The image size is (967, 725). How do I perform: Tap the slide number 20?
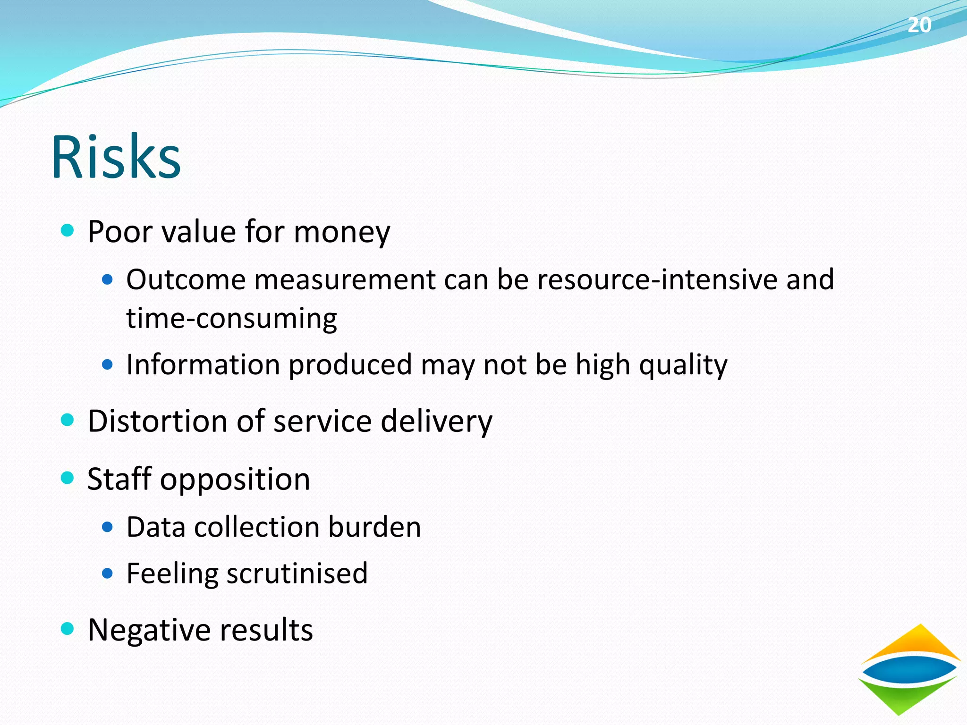(919, 25)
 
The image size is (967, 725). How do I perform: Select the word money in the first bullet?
(342, 232)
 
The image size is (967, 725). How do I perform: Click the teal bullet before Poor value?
(68, 230)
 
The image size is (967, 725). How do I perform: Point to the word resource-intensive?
(657, 279)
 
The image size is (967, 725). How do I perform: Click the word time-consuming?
(231, 319)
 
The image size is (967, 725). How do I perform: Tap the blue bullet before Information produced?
(108, 365)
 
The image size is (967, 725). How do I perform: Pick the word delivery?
(436, 422)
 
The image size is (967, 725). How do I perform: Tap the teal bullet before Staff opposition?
(68, 478)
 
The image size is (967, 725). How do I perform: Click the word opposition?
(235, 480)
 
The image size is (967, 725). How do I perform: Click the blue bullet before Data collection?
(108, 527)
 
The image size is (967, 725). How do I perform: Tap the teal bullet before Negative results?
(68, 629)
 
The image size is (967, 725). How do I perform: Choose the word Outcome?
(186, 279)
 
